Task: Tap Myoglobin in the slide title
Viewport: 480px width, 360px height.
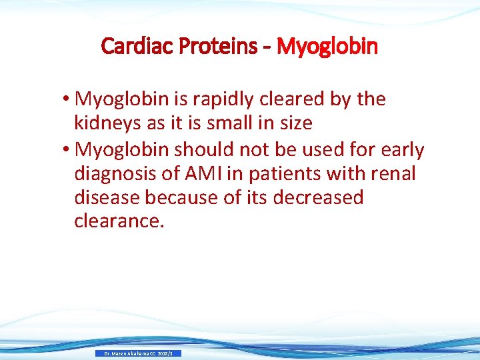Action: (x=327, y=47)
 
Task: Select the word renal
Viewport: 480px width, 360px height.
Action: (x=393, y=173)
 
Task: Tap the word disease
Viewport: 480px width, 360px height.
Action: (x=107, y=197)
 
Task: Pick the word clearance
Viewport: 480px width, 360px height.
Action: (x=119, y=221)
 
